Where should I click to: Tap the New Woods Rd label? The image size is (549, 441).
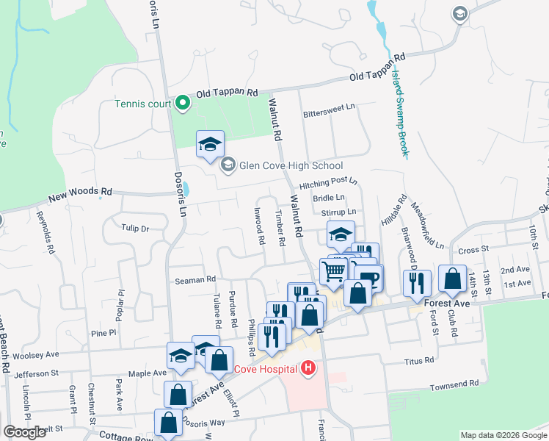coord(80,194)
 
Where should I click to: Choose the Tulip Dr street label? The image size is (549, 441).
coord(135,229)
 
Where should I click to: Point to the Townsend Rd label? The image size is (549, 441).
coord(454,384)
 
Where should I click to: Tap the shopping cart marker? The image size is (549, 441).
coord(334,271)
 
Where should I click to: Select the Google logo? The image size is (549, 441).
coord(24,432)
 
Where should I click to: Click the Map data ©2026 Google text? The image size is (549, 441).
coord(503,435)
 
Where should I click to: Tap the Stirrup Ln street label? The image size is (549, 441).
coord(338,212)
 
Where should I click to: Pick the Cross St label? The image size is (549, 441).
coord(473,251)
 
